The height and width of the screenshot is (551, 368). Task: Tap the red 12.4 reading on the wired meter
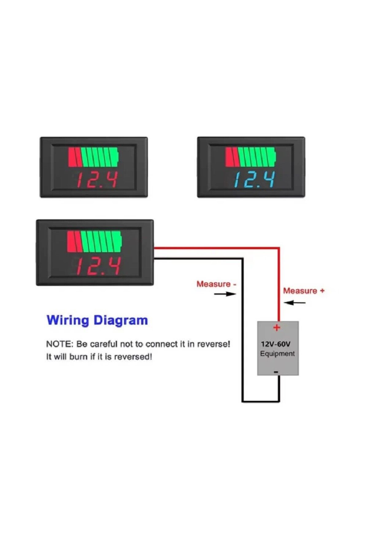click(x=98, y=266)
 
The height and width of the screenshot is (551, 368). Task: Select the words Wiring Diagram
click(x=97, y=320)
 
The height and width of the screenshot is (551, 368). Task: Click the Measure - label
click(x=216, y=284)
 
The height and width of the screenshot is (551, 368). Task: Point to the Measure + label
click(x=304, y=291)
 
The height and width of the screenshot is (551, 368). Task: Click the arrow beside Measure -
click(x=225, y=294)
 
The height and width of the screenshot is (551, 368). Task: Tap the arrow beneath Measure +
click(x=295, y=303)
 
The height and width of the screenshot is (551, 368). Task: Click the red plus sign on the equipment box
click(x=277, y=328)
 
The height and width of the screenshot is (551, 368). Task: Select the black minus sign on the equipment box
click(x=276, y=372)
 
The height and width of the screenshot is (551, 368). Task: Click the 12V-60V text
click(x=276, y=344)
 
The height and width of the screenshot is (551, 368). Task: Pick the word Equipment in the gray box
click(x=277, y=354)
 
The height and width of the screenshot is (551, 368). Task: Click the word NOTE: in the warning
click(x=60, y=344)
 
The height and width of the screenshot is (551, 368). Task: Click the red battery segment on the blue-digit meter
click(x=232, y=157)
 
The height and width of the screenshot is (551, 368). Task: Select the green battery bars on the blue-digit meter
click(x=256, y=157)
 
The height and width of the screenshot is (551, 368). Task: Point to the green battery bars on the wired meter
click(x=101, y=242)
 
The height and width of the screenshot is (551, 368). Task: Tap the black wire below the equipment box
click(x=260, y=401)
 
